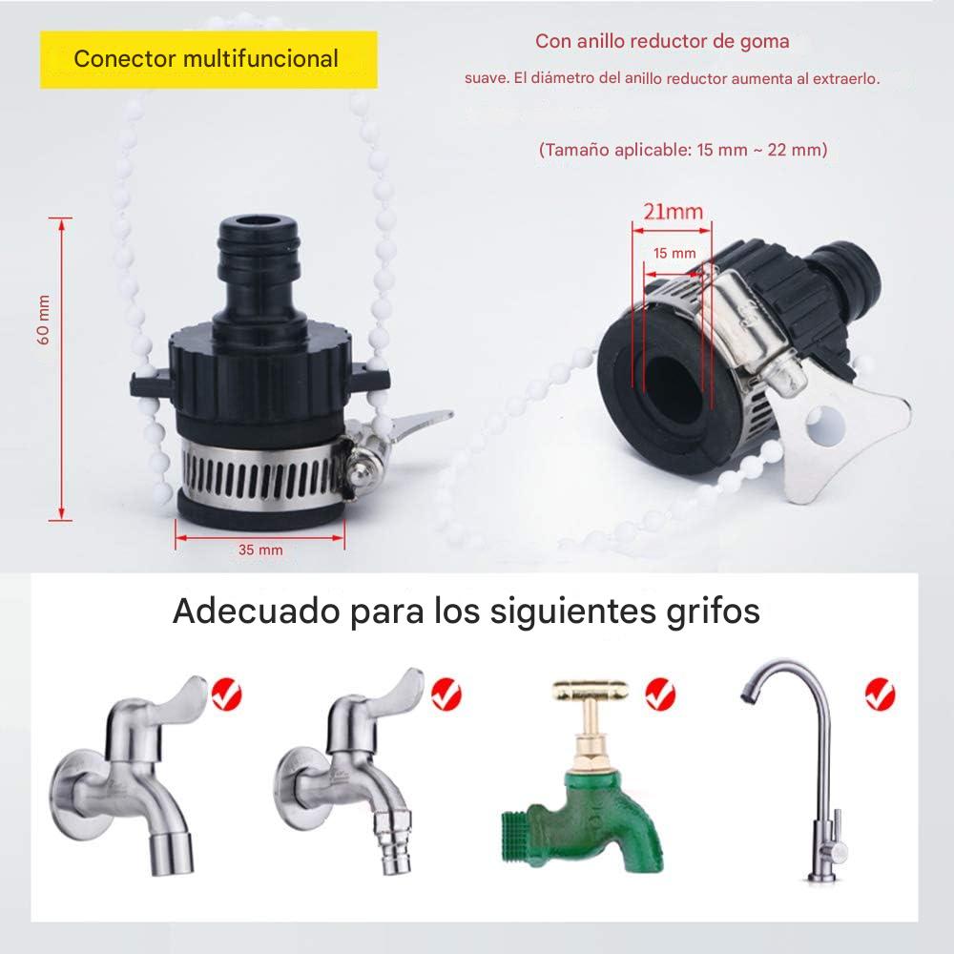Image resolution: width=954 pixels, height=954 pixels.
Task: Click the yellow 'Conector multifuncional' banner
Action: point(208,59)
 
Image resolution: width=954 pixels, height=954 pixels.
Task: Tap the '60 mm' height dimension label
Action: point(44,320)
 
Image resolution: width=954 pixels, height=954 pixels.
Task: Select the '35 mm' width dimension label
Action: point(260,550)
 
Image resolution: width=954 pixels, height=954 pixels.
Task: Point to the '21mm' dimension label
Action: point(673,212)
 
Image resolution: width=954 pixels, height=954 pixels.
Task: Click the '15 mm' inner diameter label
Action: point(674,253)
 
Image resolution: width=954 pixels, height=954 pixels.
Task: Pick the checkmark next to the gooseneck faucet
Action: point(880,695)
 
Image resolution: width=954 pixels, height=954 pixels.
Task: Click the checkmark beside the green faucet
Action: point(660,695)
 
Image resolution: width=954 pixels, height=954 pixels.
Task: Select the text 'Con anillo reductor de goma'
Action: point(662,41)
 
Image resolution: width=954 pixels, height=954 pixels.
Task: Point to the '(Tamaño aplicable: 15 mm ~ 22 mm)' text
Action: point(683,150)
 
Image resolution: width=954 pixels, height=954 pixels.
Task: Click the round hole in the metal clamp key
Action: point(824,425)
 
